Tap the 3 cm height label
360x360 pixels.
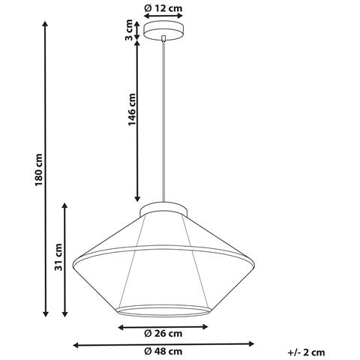[129, 30]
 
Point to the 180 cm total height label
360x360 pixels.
[39, 174]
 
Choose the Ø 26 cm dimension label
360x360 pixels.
[164, 333]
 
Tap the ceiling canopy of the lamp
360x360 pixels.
[164, 31]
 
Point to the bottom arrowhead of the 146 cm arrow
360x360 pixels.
[137, 196]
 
